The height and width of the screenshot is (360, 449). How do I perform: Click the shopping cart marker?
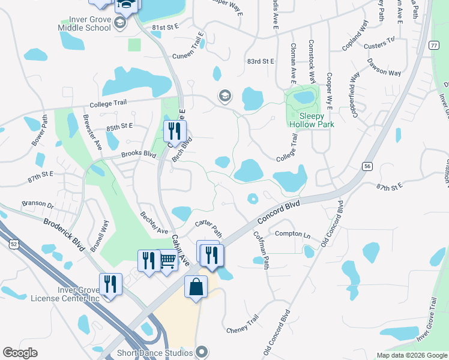(x=167, y=260)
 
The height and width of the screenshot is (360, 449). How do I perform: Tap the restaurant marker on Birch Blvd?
(x=175, y=131)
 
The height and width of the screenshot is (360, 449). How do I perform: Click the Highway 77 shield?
(x=433, y=46)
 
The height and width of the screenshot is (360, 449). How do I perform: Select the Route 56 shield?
(x=368, y=166)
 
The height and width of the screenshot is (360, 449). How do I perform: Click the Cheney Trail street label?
(x=243, y=324)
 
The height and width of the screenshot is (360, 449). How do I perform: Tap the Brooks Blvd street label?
(x=139, y=154)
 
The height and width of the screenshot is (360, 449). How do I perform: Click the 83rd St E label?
(x=260, y=61)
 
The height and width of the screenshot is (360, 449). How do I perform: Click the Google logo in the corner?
(x=20, y=353)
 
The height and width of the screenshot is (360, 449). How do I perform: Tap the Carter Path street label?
(x=209, y=229)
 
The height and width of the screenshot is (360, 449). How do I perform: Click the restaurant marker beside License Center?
(x=110, y=284)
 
